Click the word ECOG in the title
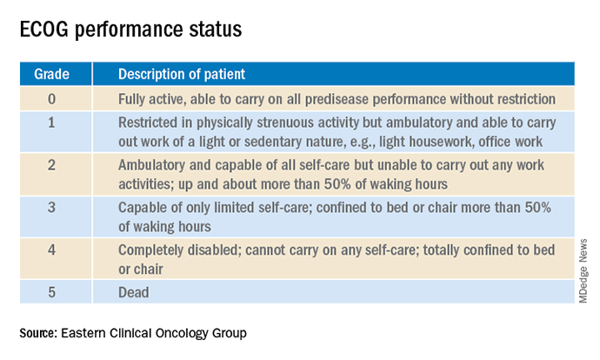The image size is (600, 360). coord(44,30)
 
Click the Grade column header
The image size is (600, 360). coord(51,74)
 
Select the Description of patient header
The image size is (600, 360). coord(182,74)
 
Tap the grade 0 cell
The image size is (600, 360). coord(51,99)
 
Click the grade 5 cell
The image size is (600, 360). coord(51,293)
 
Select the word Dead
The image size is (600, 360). coord(134,293)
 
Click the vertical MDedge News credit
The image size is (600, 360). coord(583,271)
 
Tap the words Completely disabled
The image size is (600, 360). coord(179,250)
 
